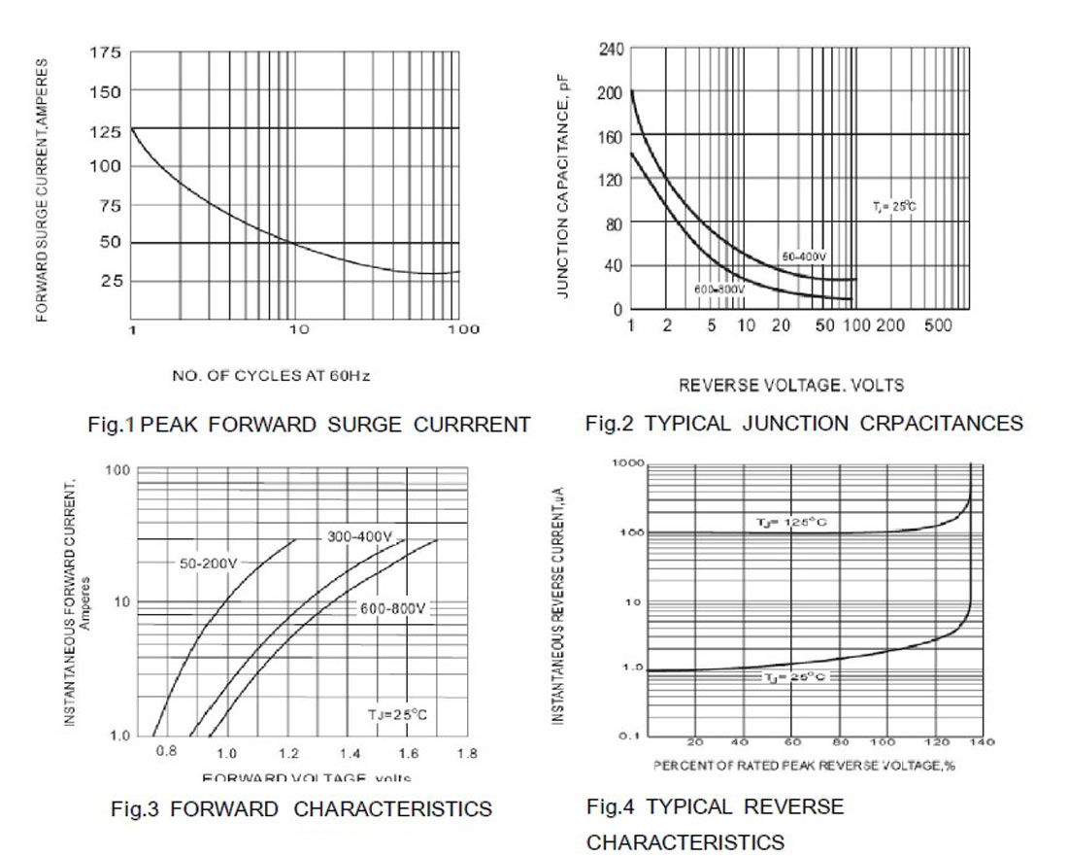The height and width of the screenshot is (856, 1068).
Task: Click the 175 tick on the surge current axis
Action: pyautogui.click(x=106, y=52)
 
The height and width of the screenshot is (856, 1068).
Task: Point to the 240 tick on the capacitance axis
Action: pyautogui.click(x=612, y=49)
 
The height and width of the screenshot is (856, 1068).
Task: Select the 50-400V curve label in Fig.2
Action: pyautogui.click(x=804, y=257)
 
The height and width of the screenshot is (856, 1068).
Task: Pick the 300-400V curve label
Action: pyautogui.click(x=359, y=536)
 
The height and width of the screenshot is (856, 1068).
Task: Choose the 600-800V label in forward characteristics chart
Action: pyautogui.click(x=392, y=608)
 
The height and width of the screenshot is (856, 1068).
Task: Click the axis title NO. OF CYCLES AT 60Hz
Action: pyautogui.click(x=271, y=375)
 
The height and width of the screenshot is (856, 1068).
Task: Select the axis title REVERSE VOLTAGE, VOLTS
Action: pyautogui.click(x=790, y=386)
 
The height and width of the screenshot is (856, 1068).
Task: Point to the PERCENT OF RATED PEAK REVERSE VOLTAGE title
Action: pyautogui.click(x=804, y=766)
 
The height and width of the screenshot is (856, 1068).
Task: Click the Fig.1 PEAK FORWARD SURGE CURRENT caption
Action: pyautogui.click(x=309, y=425)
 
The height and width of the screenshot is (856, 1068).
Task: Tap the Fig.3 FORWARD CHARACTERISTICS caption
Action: pyautogui.click(x=301, y=808)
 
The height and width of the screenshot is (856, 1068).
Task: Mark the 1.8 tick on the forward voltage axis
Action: pyautogui.click(x=467, y=753)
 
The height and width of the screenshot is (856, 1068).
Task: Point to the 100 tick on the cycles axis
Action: pyautogui.click(x=462, y=329)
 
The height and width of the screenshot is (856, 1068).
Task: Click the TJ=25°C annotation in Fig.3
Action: pyautogui.click(x=397, y=714)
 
